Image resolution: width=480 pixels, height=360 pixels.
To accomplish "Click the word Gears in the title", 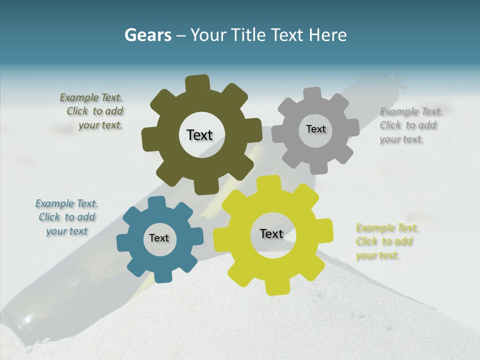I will (147, 35).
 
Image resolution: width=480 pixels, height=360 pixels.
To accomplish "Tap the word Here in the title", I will (327, 35).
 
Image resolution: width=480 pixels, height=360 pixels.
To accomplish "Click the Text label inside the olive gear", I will (199, 135).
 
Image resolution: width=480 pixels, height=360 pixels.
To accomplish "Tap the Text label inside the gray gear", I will (315, 129).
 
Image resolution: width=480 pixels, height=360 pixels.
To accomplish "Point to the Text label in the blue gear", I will (159, 238).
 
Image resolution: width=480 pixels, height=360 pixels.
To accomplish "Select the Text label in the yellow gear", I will (271, 233).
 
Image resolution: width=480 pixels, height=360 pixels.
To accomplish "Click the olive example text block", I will (92, 111).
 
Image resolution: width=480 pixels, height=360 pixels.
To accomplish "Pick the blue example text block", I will (66, 217).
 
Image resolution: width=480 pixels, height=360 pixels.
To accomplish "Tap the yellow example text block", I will (385, 241).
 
